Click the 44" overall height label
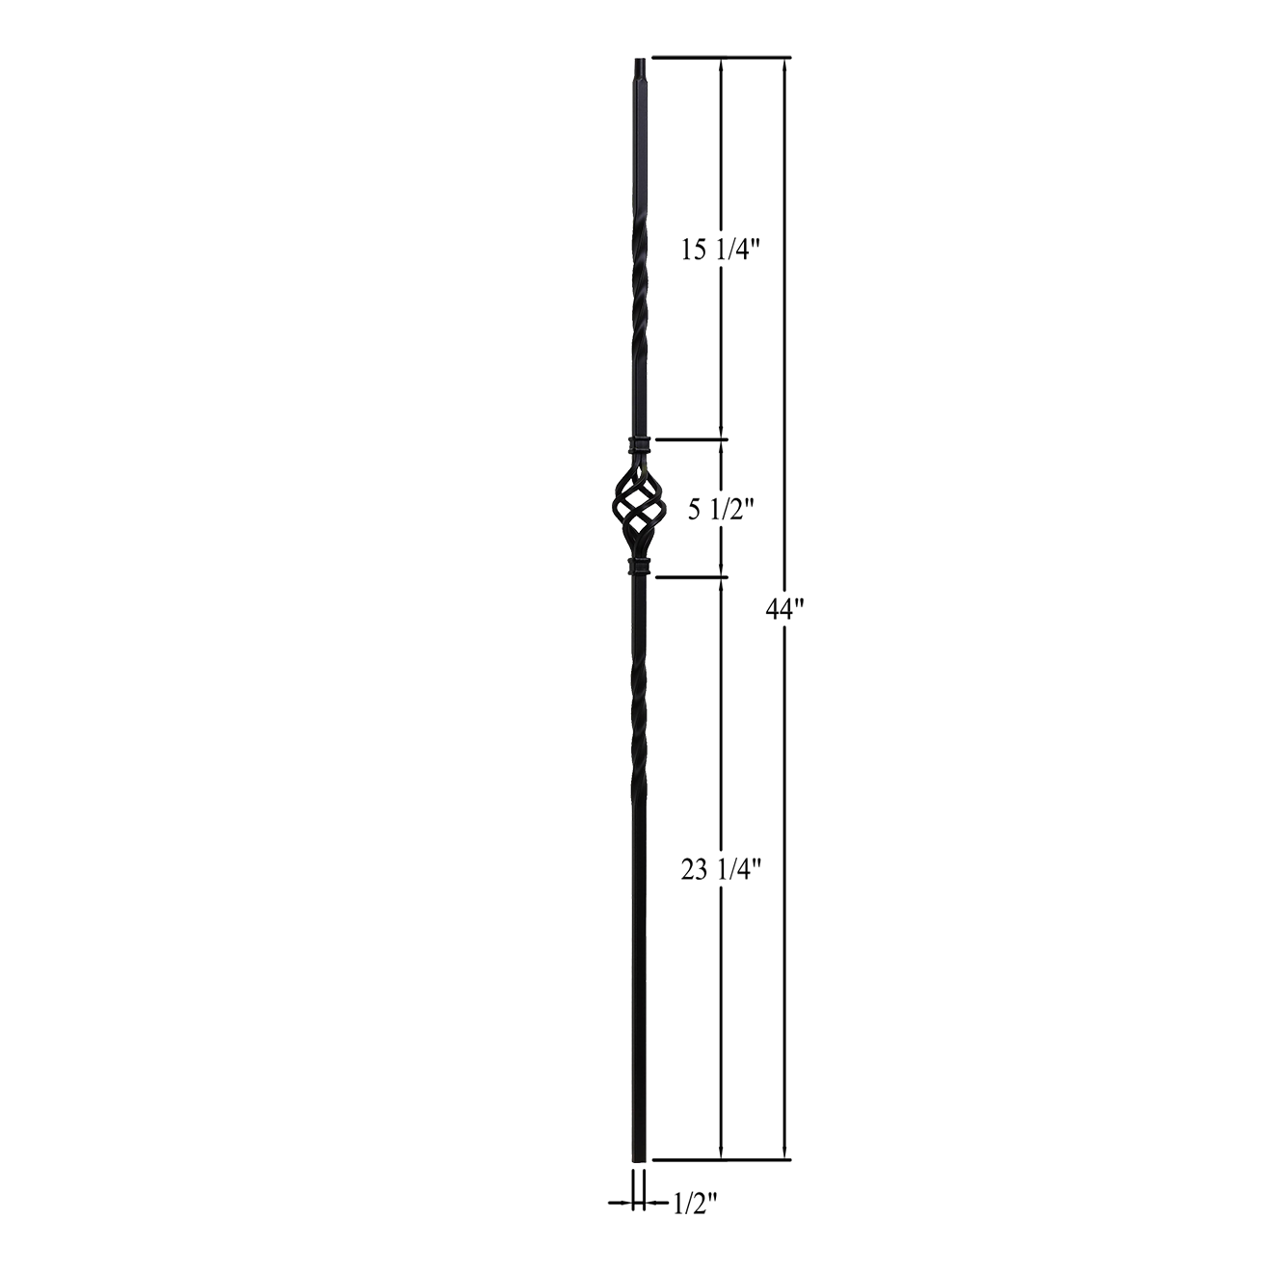pos(782,609)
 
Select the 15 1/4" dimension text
pos(721,252)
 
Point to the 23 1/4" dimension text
pos(722,870)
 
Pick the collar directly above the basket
pos(638,445)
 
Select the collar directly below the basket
pos(638,566)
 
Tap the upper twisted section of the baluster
pos(636,289)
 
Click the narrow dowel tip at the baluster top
pos(639,70)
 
